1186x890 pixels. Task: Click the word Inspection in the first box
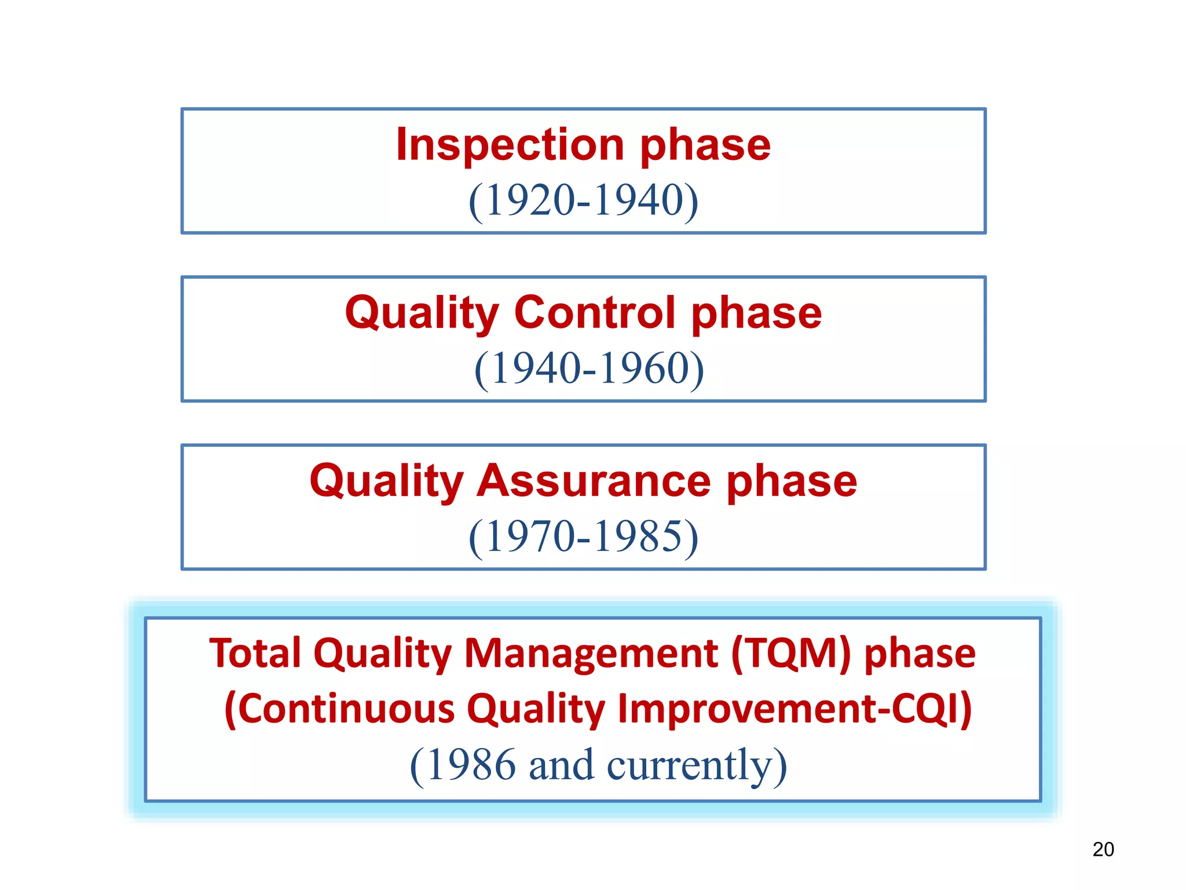pos(510,145)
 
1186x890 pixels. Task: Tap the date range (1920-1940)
pos(583,200)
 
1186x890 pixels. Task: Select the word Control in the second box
pos(595,313)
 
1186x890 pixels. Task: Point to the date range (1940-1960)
pos(589,369)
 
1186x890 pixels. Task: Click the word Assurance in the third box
pos(594,481)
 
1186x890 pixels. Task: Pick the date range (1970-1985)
pos(583,537)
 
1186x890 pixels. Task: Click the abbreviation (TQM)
pos(791,653)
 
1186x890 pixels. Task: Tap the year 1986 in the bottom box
pos(471,765)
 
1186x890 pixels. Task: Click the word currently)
pos(697,765)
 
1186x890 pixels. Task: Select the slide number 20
pos(1103,849)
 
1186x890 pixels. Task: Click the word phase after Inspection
pos(705,145)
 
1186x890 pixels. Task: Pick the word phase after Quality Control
pos(756,313)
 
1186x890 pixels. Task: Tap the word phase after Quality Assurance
pos(792,481)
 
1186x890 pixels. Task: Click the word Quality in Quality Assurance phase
pos(386,481)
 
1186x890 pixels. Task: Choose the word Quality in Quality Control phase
pos(422,313)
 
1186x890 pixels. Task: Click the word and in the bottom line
pos(561,765)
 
